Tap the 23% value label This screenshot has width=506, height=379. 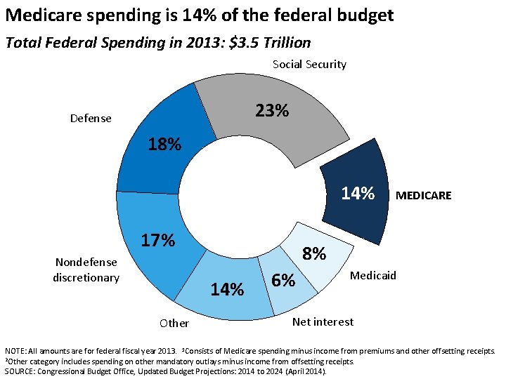click(x=272, y=111)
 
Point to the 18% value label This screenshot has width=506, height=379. click(x=164, y=145)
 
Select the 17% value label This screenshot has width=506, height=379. click(x=157, y=240)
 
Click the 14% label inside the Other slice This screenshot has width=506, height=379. click(x=228, y=289)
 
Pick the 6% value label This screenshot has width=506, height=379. click(x=283, y=280)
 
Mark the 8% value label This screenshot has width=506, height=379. click(x=314, y=254)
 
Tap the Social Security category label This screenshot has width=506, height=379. click(x=309, y=65)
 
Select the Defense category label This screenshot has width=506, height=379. click(x=91, y=119)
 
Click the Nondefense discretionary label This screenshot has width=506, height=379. click(x=87, y=270)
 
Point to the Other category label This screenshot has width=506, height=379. click(x=174, y=324)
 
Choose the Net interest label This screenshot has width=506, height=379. click(x=323, y=321)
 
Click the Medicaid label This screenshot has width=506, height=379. click(x=373, y=275)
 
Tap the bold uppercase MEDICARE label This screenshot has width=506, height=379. click(x=424, y=196)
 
